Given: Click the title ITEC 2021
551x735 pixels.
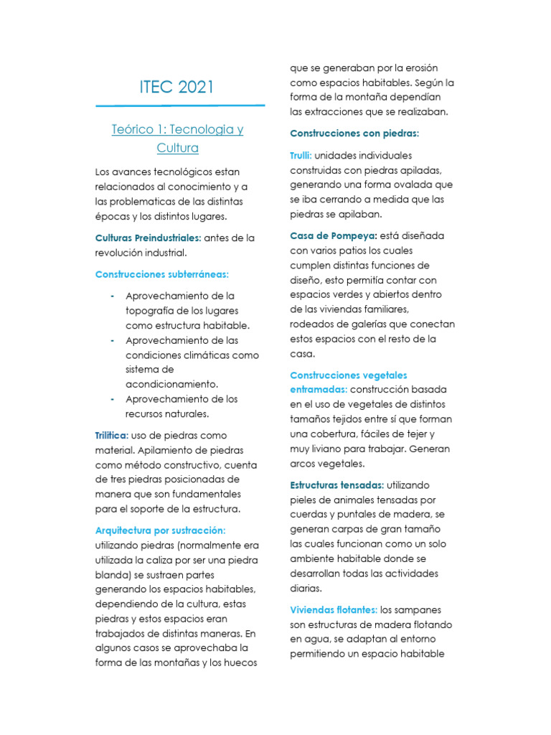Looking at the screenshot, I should click(x=176, y=88).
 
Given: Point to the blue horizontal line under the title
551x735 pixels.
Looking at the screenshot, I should click(x=179, y=106).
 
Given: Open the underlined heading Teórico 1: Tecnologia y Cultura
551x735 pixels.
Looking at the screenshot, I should click(x=177, y=139).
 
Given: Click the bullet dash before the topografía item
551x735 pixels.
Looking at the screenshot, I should click(x=113, y=296).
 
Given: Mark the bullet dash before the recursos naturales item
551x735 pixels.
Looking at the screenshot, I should click(x=113, y=399).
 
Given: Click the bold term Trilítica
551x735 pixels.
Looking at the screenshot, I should click(x=112, y=436).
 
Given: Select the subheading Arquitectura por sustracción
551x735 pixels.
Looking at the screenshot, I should click(x=161, y=530).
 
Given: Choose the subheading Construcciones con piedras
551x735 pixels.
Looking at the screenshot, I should click(x=354, y=134).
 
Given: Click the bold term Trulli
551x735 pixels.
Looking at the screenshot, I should click(x=301, y=156).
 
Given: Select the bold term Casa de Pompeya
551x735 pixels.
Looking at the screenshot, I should click(x=334, y=236).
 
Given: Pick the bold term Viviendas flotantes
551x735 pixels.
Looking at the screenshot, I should click(x=334, y=610).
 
